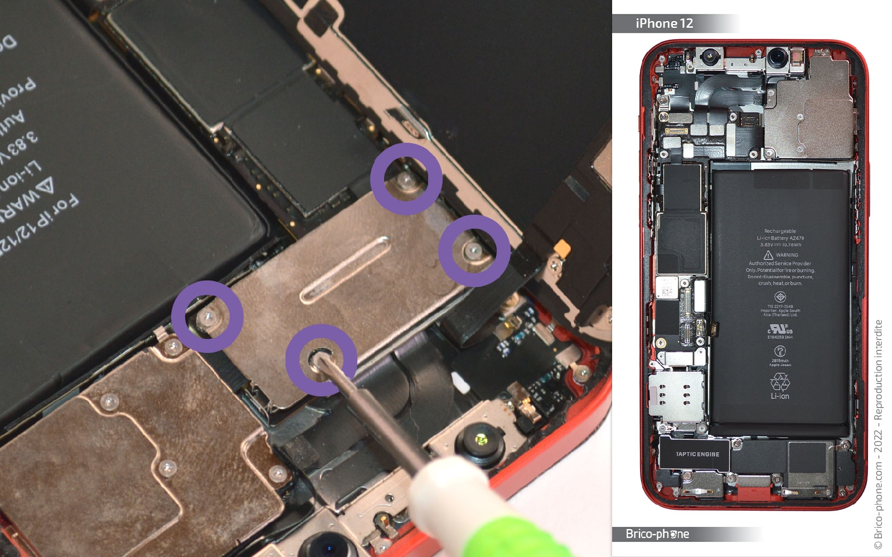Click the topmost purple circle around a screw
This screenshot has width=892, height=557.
pyautogui.click(x=406, y=179)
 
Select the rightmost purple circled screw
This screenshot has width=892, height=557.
pyautogui.click(x=474, y=251)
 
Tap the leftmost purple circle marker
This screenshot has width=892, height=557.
pyautogui.click(x=207, y=317)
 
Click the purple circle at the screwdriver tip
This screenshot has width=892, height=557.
pyautogui.click(x=321, y=360)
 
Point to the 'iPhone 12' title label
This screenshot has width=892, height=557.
pyautogui.click(x=664, y=23)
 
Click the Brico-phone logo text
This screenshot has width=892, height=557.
pyautogui.click(x=657, y=534)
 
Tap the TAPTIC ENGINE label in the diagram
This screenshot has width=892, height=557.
pyautogui.click(x=697, y=454)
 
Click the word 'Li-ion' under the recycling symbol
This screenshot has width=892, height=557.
pyautogui.click(x=780, y=396)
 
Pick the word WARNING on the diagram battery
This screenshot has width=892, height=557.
pyautogui.click(x=787, y=255)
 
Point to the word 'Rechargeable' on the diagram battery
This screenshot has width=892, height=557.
pyautogui.click(x=780, y=231)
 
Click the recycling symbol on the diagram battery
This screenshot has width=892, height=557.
pyautogui.click(x=780, y=382)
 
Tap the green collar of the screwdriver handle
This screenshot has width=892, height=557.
pyautogui.click(x=518, y=535)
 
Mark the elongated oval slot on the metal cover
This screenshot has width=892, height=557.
pyautogui.click(x=345, y=270)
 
